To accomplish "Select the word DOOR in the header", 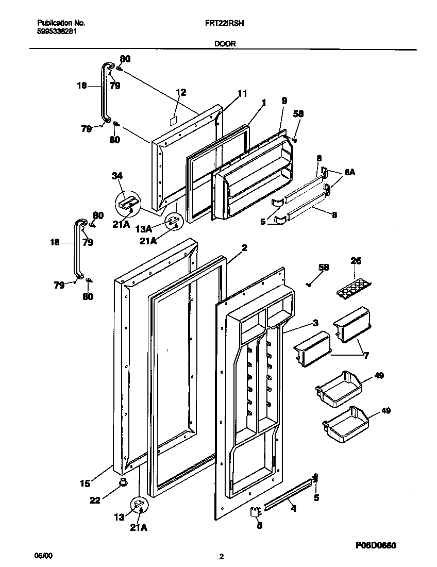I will click(225, 44).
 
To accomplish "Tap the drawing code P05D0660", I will click(376, 545).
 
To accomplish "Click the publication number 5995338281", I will click(58, 31).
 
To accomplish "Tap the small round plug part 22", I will click(123, 482).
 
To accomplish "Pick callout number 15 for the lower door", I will click(85, 483).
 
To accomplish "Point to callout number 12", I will click(180, 92).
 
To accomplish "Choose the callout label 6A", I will click(349, 173).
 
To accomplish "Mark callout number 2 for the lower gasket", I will click(244, 248).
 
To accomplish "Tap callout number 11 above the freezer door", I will click(242, 93).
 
